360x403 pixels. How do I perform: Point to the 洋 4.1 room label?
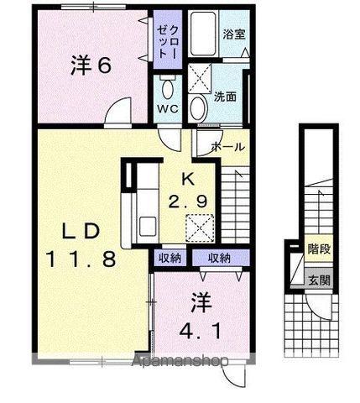(201, 315)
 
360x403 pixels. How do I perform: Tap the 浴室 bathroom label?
(232, 35)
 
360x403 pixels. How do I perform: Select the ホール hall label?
(228, 146)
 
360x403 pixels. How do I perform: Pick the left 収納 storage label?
(170, 259)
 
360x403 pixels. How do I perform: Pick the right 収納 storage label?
(220, 259)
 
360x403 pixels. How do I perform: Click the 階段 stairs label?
(317, 249)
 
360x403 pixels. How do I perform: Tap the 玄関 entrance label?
(317, 280)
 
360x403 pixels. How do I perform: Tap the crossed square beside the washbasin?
(200, 78)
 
